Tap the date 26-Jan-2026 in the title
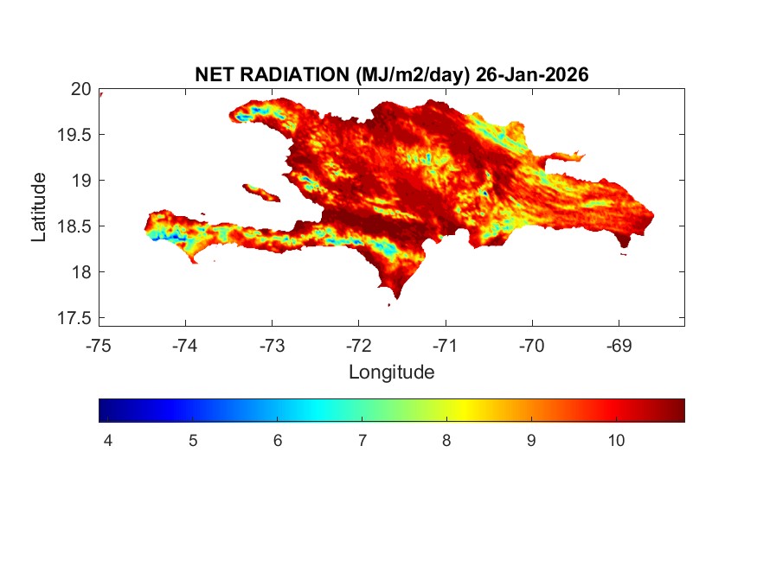(531, 75)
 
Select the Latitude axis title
(39, 207)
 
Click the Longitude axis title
(391, 373)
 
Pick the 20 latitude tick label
(80, 89)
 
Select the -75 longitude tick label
(99, 346)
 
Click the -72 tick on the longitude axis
(359, 346)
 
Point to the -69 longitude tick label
(619, 346)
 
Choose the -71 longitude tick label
(446, 346)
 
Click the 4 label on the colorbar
(107, 441)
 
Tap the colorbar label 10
(616, 441)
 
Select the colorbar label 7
(362, 441)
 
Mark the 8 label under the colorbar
(446, 441)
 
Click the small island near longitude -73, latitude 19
(260, 192)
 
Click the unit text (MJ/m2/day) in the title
(412, 75)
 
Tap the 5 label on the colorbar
(192, 441)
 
